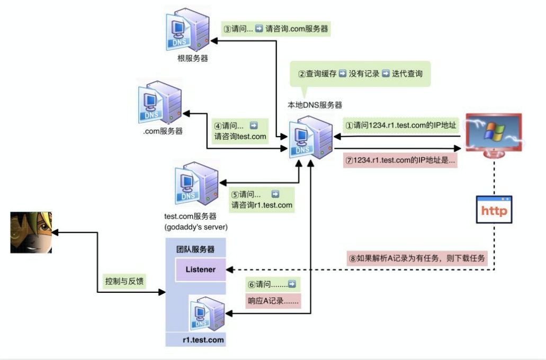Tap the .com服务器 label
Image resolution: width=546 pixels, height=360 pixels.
click(163, 131)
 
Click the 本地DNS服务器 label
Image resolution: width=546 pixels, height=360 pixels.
click(311, 105)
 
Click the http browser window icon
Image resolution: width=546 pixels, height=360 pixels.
click(494, 211)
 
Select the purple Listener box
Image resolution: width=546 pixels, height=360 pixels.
click(200, 269)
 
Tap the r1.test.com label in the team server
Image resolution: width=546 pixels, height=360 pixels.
click(195, 339)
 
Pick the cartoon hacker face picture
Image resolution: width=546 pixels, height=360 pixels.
click(32, 231)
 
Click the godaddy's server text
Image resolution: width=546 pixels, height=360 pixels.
click(191, 226)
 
